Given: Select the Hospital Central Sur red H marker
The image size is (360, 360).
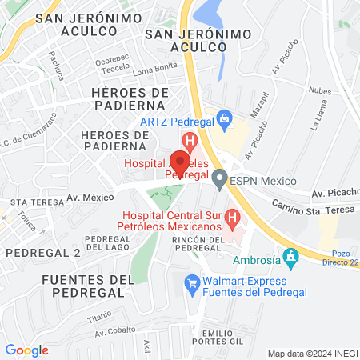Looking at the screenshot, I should pos(232,218).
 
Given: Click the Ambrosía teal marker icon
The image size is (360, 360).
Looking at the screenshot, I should pos(292,259).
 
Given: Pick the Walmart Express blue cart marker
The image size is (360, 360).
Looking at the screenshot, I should pos(191,283).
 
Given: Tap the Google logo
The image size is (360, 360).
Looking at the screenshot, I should pos(26,350).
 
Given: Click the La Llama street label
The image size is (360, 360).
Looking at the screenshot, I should pos(321,122).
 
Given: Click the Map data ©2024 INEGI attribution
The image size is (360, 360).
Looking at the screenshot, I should pos(312,353).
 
